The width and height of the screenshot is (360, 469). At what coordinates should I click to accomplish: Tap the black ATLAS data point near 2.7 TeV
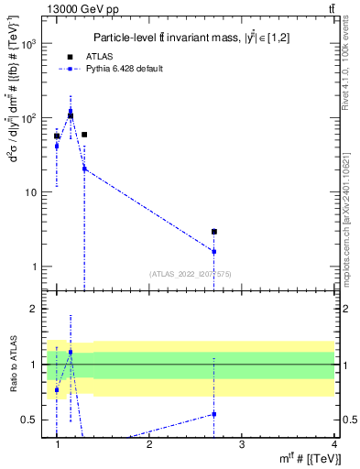point(214,232)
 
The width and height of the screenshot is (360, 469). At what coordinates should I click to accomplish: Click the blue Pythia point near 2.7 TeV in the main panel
point(214,251)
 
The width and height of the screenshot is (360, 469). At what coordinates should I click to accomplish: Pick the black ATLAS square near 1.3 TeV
point(84,135)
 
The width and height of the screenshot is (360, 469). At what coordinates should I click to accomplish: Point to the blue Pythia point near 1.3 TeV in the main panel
point(84,169)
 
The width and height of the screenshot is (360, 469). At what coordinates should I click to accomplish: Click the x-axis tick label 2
point(149,444)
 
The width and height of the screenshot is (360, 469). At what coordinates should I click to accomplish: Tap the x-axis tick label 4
point(333,444)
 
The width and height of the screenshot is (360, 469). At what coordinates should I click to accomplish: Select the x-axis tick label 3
point(242,444)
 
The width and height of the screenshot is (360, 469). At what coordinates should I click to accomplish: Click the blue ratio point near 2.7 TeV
point(214,414)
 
